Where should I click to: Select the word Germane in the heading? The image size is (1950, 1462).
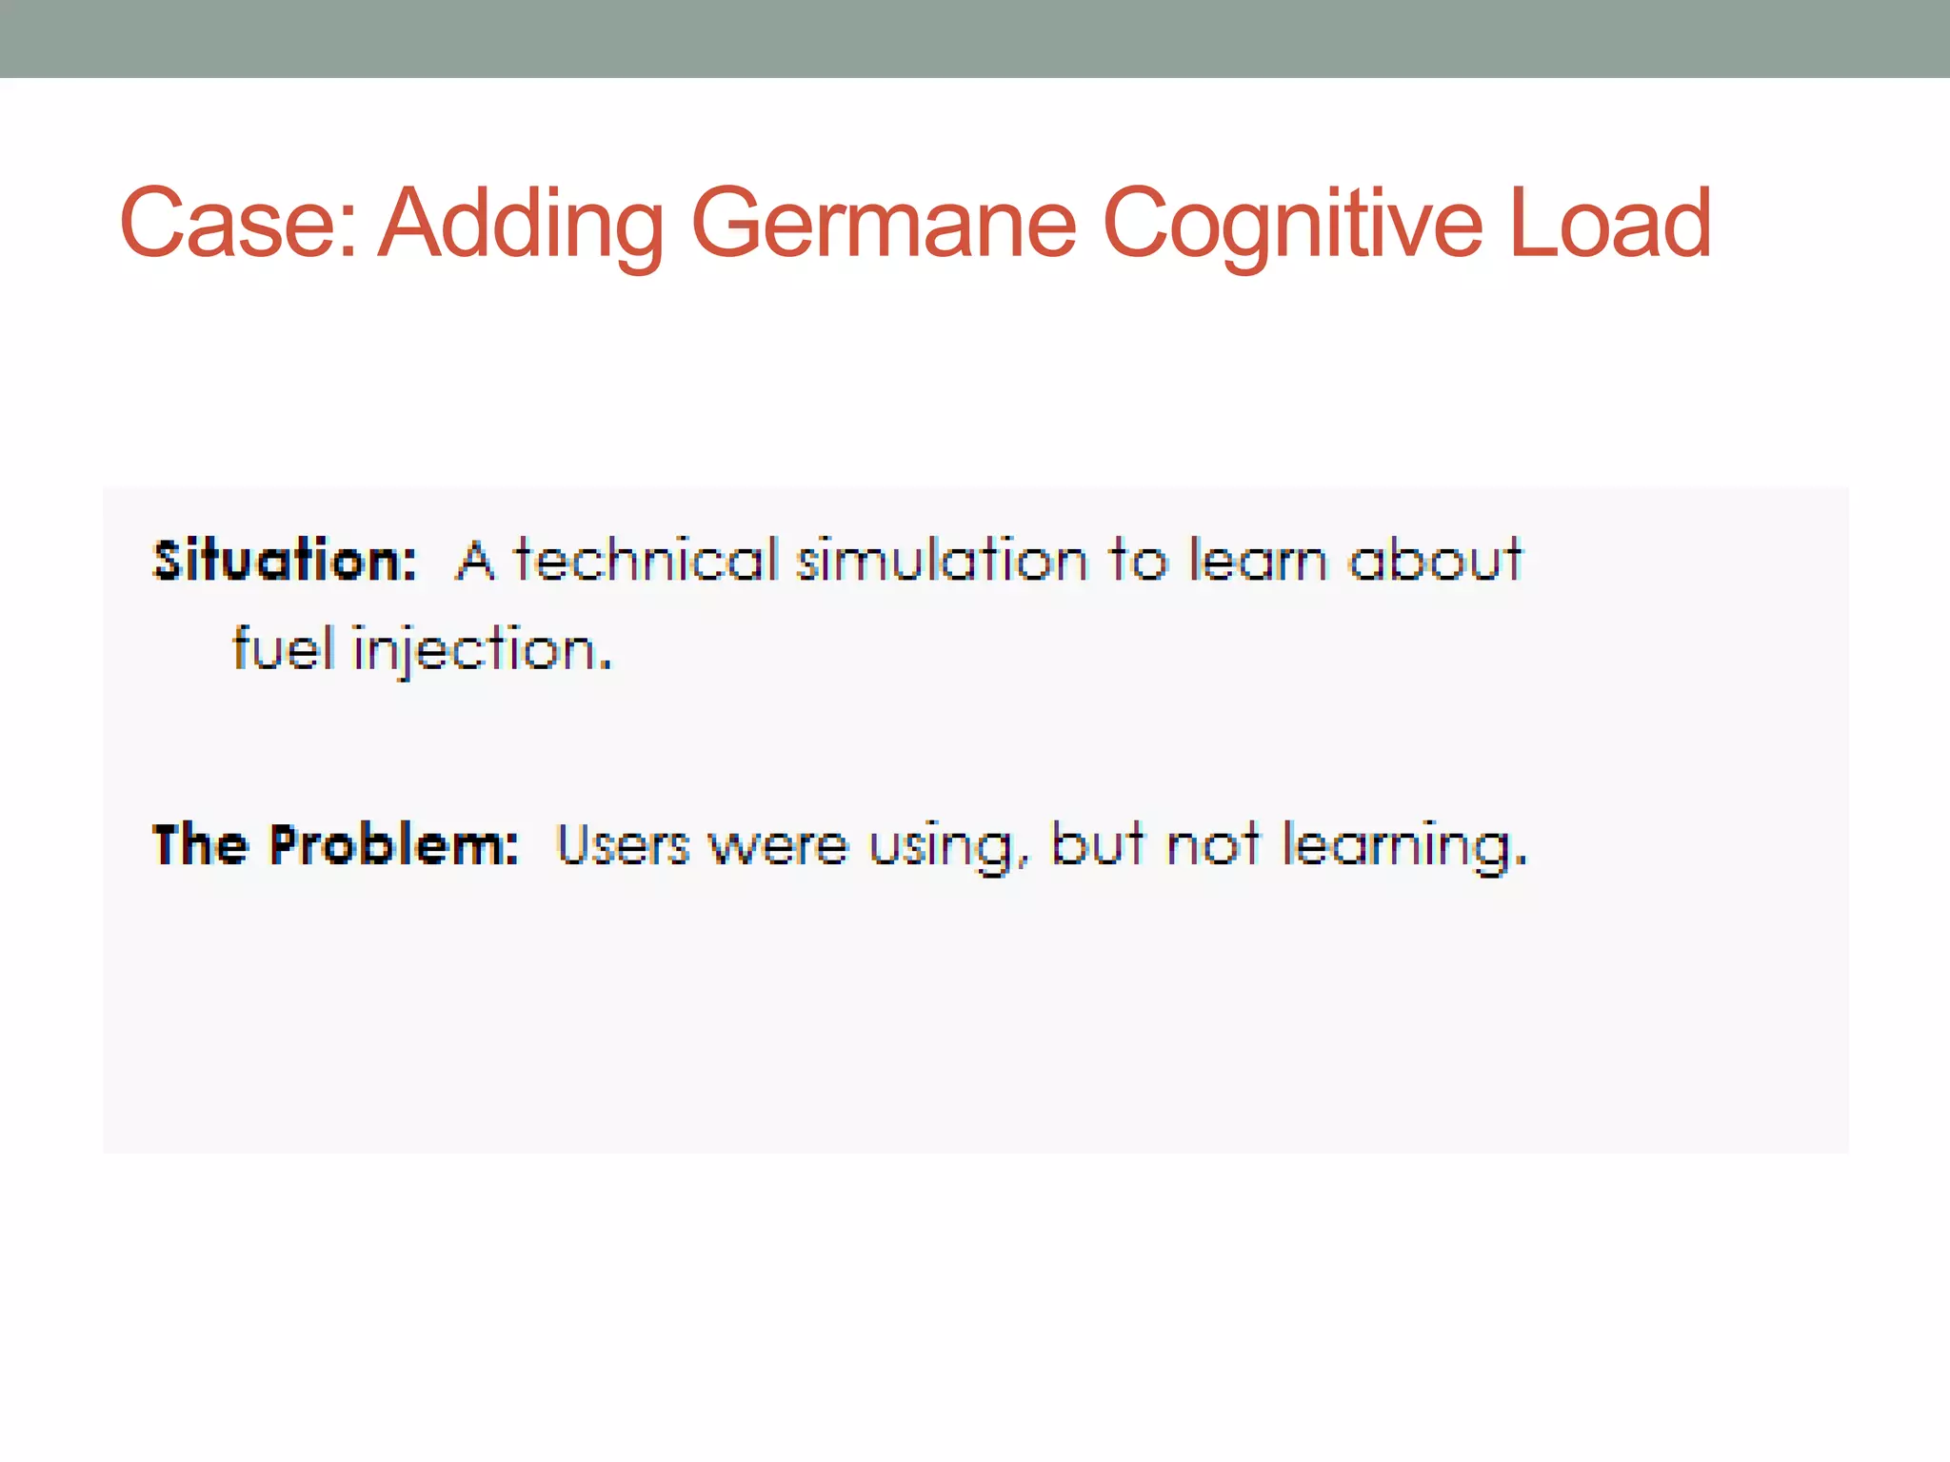coord(883,224)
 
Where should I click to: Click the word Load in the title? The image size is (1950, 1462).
coord(1610,224)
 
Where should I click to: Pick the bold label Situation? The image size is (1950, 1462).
coord(285,560)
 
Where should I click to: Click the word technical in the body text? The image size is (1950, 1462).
coord(647,560)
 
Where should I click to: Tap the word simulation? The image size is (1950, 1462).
coord(942,560)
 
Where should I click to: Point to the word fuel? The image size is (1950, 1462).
coord(283,649)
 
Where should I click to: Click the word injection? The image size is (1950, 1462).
coord(481,651)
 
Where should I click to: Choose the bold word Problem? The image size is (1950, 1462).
coord(392,844)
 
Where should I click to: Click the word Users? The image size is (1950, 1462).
coord(623,844)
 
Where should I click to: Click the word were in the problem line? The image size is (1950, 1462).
coord(778,845)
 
